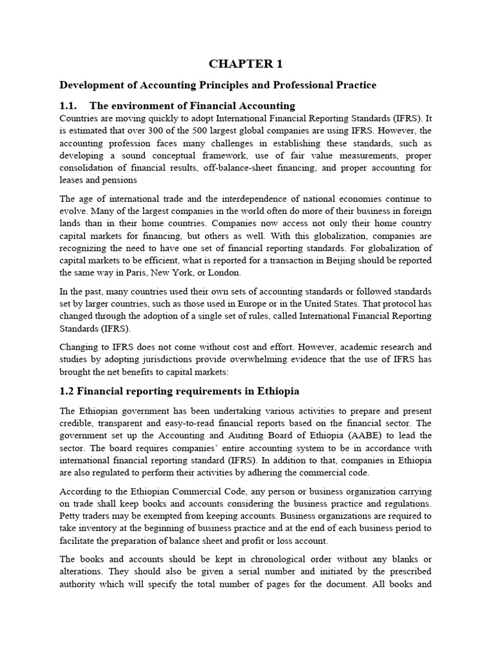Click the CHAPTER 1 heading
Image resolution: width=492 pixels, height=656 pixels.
[x=245, y=64]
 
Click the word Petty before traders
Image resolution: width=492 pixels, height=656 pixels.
[x=70, y=515]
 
